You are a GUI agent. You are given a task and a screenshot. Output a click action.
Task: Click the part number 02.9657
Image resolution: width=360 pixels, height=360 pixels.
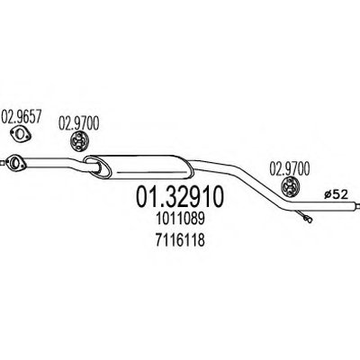click(21, 117)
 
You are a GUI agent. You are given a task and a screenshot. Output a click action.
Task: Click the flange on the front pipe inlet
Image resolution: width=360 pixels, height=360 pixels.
click(15, 163)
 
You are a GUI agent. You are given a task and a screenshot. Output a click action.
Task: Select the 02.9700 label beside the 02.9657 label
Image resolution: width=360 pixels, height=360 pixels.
click(78, 123)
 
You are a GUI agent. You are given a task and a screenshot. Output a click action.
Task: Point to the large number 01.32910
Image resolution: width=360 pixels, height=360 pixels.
click(180, 196)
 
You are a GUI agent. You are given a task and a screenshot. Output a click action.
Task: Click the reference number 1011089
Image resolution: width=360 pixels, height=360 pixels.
click(180, 219)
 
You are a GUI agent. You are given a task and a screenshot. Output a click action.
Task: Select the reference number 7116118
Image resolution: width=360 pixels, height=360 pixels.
click(180, 240)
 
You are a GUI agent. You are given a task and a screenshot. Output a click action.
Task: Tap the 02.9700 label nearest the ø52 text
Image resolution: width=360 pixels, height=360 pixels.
click(290, 169)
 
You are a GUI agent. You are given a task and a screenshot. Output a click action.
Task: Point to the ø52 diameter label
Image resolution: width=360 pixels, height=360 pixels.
click(336, 195)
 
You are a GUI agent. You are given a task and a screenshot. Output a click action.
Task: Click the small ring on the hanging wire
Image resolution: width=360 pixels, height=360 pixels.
click(309, 220)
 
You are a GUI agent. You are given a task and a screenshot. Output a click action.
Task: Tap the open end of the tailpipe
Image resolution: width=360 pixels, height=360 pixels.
click(357, 205)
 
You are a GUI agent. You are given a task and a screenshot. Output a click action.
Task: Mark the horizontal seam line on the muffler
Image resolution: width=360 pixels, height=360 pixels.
click(149, 172)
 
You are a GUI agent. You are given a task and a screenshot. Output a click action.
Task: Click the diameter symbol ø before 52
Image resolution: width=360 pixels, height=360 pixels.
click(328, 195)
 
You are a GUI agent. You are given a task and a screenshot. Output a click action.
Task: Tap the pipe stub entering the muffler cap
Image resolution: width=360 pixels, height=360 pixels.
click(94, 166)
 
